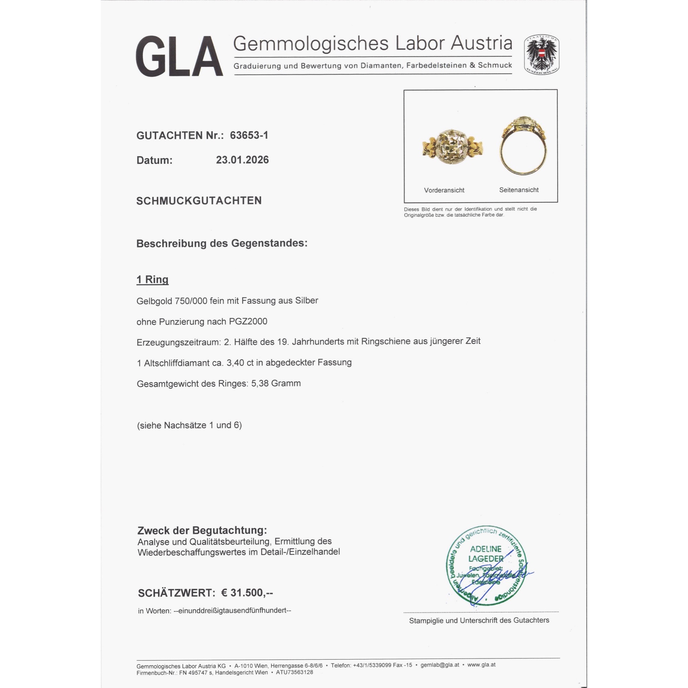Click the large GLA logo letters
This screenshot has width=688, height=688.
(x=179, y=56)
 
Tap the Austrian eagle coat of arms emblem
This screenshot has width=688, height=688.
(x=541, y=54)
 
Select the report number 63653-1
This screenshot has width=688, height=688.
(x=249, y=135)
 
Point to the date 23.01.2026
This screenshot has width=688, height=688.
(x=242, y=160)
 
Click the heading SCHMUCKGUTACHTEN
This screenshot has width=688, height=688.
(x=199, y=201)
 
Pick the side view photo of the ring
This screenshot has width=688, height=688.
(x=523, y=146)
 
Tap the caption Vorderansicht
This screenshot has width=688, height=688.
(x=444, y=190)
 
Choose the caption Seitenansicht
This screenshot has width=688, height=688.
(x=519, y=190)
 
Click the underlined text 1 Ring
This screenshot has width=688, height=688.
(x=152, y=280)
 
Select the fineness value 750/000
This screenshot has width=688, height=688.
(x=191, y=301)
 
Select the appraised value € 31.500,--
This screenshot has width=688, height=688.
(x=247, y=593)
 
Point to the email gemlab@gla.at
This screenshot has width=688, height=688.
(x=440, y=665)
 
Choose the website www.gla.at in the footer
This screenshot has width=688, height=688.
(x=481, y=665)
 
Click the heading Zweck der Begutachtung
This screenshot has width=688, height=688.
(x=202, y=530)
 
